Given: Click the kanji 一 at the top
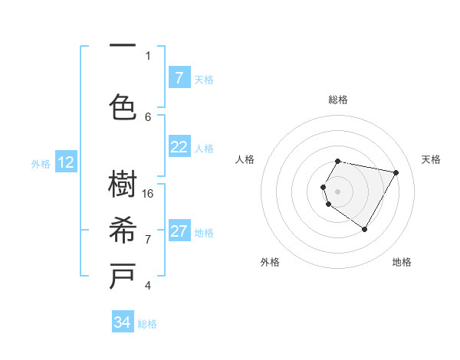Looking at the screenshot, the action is tap(123, 47).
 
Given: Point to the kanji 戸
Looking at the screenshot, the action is tap(123, 276).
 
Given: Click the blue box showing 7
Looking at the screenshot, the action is tap(179, 78).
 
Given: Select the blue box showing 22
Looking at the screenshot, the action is tap(179, 147).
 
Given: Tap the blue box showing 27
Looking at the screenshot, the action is tap(179, 231).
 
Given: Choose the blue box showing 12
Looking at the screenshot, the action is tap(66, 162).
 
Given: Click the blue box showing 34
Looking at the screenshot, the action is tap(123, 322).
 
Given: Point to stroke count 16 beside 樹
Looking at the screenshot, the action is tap(149, 194).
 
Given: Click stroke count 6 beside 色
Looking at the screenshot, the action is tap(148, 116).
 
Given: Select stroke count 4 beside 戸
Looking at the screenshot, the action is tap(148, 286).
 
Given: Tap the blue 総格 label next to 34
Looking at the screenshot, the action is tap(147, 324).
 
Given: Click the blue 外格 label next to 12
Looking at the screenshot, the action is tap(41, 163).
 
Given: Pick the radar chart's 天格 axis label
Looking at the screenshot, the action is tap(431, 159).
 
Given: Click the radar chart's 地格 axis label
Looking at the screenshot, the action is tap(402, 262).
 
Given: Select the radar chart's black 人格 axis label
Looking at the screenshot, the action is tap(245, 159).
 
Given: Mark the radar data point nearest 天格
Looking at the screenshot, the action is tap(396, 172).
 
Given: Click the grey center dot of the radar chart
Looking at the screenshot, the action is tap(337, 191).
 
